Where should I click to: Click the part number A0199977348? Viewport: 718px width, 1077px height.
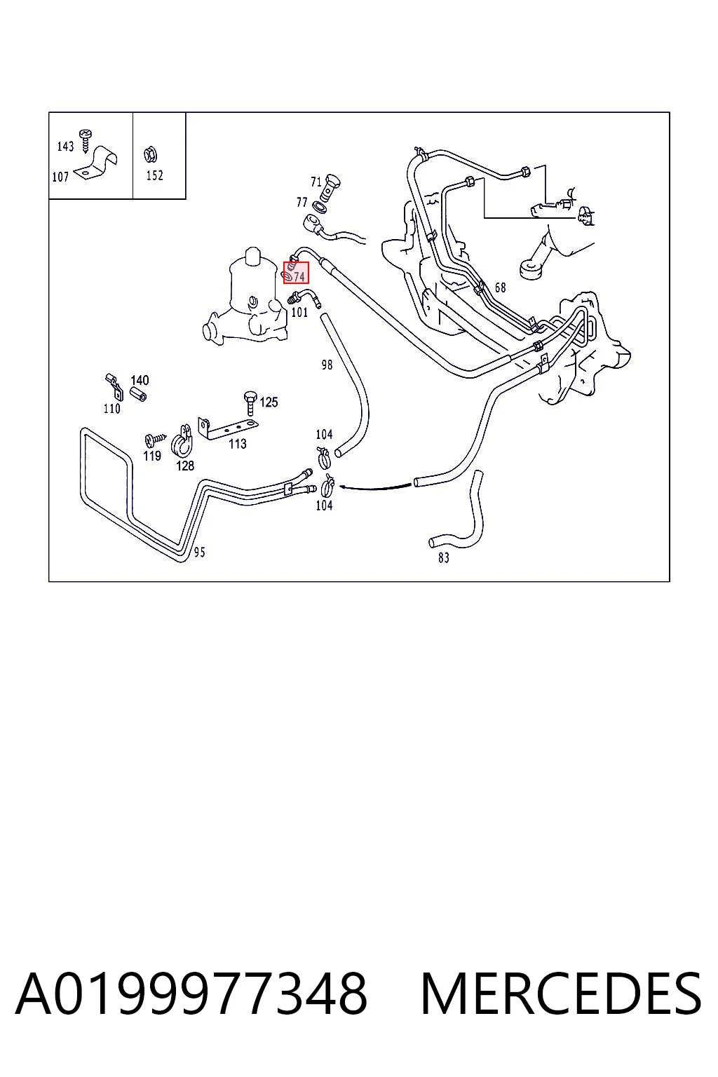pos(191,994)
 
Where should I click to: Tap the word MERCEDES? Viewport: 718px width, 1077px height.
pos(561,994)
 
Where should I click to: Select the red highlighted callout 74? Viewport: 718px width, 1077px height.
pos(296,273)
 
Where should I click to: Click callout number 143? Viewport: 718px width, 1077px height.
pos(65,146)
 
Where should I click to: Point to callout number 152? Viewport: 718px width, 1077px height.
pos(155,175)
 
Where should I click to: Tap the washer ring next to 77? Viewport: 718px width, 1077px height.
pos(319,207)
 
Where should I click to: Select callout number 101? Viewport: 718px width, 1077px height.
pos(299,313)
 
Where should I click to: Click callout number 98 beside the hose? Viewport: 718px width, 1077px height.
pos(327,365)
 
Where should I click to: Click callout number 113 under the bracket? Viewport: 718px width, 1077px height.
pos(238,443)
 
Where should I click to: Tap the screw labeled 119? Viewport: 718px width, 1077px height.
pos(155,439)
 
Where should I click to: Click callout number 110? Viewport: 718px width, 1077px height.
pos(112,409)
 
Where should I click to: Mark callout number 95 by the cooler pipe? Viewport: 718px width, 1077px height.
pos(200,552)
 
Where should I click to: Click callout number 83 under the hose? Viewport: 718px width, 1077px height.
pos(444,557)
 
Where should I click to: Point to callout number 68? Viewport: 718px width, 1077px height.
pos(501,287)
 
